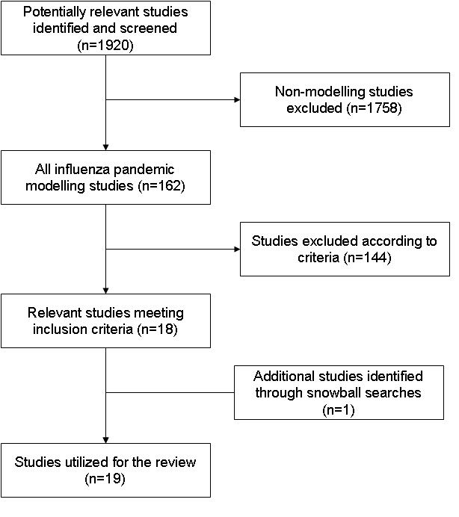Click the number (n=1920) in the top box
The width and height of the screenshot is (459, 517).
105,45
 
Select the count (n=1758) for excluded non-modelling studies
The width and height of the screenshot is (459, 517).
374,108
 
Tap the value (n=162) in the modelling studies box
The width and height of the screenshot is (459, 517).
161,186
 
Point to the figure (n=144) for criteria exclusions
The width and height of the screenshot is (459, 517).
367,258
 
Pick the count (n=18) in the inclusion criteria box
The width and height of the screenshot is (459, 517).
157,329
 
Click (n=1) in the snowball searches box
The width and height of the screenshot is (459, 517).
339,410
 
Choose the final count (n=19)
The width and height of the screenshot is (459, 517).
105,479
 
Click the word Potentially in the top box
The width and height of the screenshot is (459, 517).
55,12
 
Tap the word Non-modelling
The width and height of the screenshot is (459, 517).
320,92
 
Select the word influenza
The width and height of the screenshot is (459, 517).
81,170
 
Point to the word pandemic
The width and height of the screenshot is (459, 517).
144,170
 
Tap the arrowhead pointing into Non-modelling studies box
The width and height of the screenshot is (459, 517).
237,99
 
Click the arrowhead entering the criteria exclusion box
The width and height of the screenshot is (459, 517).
237,249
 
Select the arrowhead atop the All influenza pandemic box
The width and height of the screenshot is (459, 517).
105,147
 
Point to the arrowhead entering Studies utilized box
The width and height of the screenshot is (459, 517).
105,440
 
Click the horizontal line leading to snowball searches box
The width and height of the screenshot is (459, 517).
170,393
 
